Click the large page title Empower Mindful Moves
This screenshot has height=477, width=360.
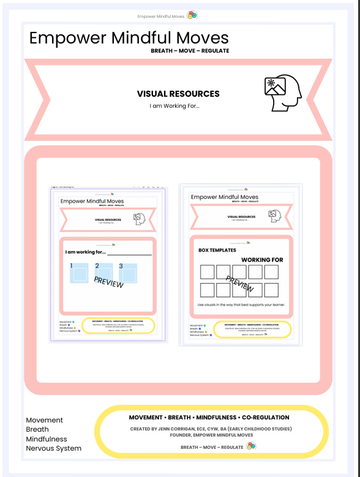[x=129, y=38]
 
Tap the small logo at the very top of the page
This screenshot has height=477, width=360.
[x=192, y=15]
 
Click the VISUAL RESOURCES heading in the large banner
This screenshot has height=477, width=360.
[x=178, y=94]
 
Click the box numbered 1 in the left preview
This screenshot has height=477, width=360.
[x=79, y=273]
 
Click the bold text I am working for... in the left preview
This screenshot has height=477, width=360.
[x=86, y=252]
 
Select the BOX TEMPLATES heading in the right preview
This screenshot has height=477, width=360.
[x=217, y=250]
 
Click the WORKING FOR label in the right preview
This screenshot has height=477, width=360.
[x=262, y=260]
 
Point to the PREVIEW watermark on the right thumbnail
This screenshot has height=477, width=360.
[x=240, y=283]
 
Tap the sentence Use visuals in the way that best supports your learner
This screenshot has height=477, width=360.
[x=241, y=304]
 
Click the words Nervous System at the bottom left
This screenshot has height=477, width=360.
[x=53, y=448]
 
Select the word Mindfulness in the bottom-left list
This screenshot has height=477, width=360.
[x=47, y=439]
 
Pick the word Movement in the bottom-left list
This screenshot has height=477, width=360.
[x=45, y=420]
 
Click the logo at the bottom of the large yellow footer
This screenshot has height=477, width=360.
[x=251, y=446]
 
